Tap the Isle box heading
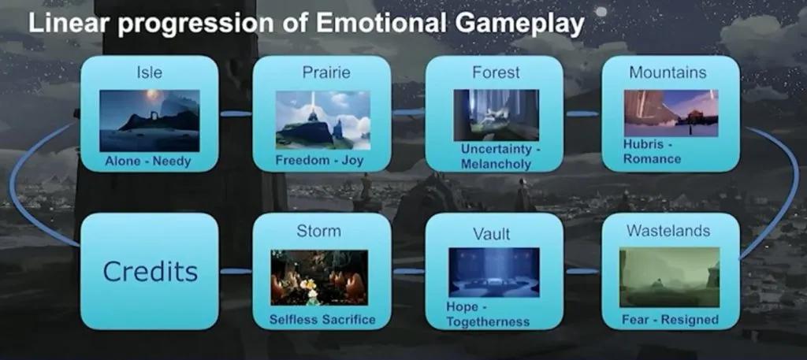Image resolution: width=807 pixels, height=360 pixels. pos(149,72)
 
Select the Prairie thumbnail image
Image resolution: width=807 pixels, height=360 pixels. pos(322,121)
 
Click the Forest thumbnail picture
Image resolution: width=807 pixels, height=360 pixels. pos(496,115)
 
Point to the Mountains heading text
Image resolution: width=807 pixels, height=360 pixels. pos(668,72)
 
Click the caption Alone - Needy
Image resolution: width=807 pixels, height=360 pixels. pos(147,161)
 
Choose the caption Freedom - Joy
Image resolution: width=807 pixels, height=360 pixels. pos(319,161)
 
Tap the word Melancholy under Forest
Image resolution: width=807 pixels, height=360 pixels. pos(496,165)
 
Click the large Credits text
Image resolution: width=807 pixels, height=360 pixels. pos(151,271)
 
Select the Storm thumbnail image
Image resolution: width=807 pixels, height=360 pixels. pos(319,278)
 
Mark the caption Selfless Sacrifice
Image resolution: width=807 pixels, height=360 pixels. pos(322,319)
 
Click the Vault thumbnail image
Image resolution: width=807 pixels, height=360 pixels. pos(494,273)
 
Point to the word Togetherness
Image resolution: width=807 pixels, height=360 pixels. pos(488,322)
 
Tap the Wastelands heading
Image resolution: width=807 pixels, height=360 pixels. pos(668,231)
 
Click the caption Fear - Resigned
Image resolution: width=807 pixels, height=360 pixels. pos(670,319)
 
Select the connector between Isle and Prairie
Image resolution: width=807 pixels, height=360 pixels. pos(236,113)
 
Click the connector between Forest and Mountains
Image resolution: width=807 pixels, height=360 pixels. pos(582,113)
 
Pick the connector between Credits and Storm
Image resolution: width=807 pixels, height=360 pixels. pos(236,271)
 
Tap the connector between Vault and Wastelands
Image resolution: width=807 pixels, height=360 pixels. pos(582,271)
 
